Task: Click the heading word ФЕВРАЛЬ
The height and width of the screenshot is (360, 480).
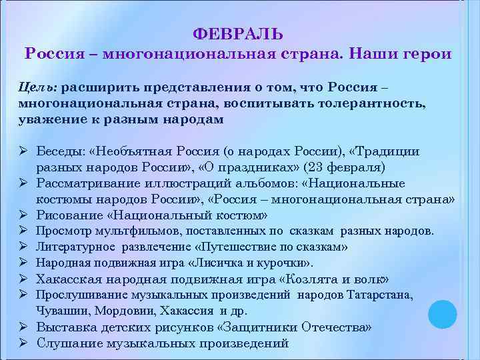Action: tap(238, 34)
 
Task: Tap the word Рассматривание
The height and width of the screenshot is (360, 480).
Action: tap(88, 183)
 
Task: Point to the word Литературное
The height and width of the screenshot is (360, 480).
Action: tap(76, 247)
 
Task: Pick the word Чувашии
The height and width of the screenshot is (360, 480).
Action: tap(62, 310)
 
